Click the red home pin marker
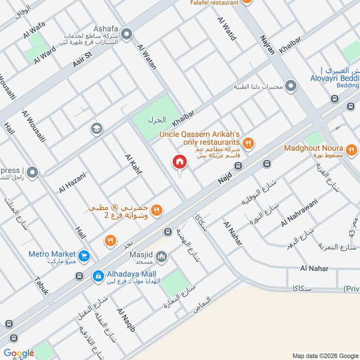click(180, 162)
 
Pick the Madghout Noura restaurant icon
click(352, 149)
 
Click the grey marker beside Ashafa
click(127, 34)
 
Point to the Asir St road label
click(82, 58)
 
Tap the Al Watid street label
click(226, 29)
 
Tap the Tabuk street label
click(41, 284)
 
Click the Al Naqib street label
click(126, 320)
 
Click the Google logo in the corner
click(18, 353)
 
